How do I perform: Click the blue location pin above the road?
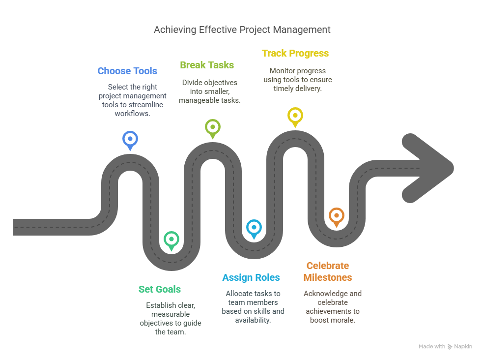(130, 140)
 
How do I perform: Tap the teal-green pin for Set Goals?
(171, 240)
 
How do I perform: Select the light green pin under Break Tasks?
(213, 128)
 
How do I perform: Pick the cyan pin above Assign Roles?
(254, 228)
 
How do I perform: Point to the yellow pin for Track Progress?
(295, 117)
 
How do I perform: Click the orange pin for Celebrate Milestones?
(337, 216)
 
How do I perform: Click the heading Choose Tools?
(127, 71)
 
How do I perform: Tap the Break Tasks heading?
(207, 65)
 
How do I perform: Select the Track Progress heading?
(295, 54)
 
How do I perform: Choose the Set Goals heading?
(160, 289)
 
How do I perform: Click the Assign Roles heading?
(251, 277)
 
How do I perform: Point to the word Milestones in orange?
(328, 277)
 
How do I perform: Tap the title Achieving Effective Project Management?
(242, 30)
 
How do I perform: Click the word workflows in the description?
(132, 114)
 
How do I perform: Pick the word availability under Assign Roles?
(253, 321)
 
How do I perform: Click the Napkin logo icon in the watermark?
(450, 347)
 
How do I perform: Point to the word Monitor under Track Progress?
(283, 71)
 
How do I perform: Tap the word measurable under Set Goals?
(171, 314)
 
